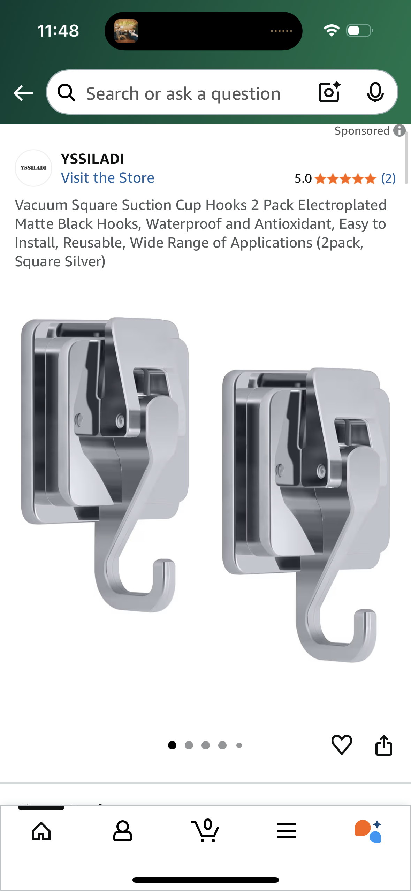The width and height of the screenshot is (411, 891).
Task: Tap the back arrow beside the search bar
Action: pyautogui.click(x=23, y=93)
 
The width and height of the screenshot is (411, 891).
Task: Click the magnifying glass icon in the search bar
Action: pyautogui.click(x=66, y=93)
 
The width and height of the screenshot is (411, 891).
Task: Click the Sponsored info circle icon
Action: pyautogui.click(x=399, y=131)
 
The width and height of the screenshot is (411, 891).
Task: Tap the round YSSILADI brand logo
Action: pyautogui.click(x=33, y=168)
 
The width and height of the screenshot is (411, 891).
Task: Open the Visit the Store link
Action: pyautogui.click(x=107, y=178)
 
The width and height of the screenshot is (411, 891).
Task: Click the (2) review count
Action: pyautogui.click(x=388, y=178)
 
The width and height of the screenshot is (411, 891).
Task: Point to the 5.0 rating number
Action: pyautogui.click(x=303, y=179)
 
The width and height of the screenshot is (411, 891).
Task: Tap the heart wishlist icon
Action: pyautogui.click(x=342, y=745)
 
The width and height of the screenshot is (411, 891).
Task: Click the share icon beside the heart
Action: pyautogui.click(x=383, y=745)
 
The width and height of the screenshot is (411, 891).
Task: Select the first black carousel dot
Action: pyautogui.click(x=172, y=745)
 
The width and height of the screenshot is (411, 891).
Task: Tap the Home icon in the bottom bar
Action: pyautogui.click(x=41, y=831)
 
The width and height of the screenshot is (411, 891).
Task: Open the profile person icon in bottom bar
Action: pyautogui.click(x=123, y=831)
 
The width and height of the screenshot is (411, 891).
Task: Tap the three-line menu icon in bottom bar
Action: pyautogui.click(x=287, y=831)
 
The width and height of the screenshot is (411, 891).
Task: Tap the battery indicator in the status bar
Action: pyautogui.click(x=359, y=31)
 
